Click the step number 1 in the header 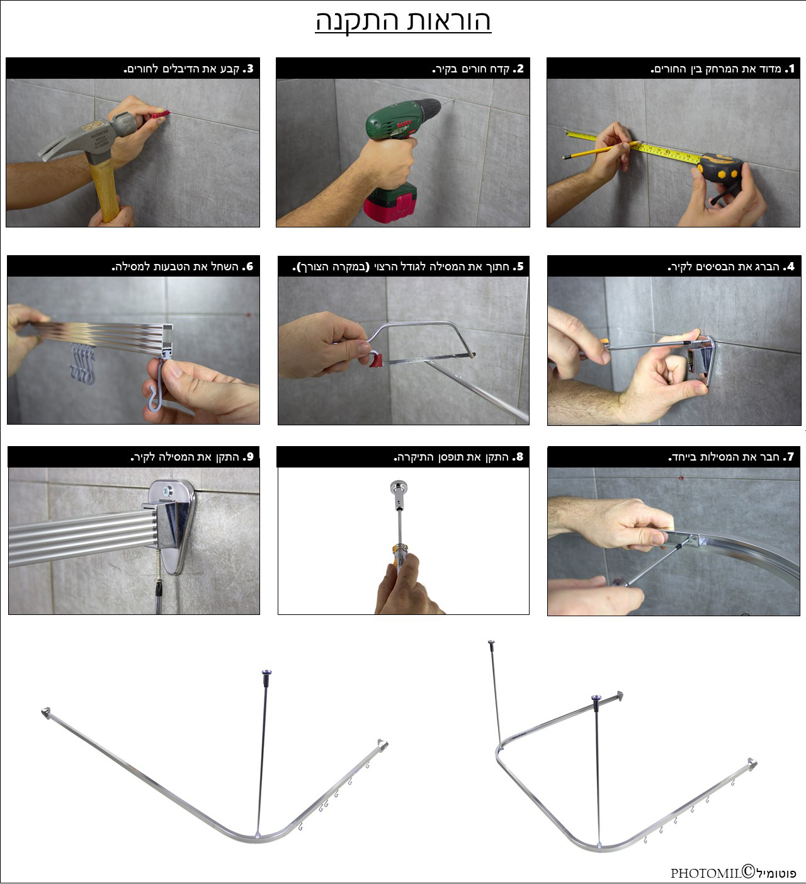click(x=792, y=68)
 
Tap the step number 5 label click(x=520, y=266)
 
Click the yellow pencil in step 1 click(x=600, y=150)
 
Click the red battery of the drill click(x=390, y=207)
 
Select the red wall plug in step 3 click(x=160, y=115)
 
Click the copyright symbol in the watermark click(x=749, y=871)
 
